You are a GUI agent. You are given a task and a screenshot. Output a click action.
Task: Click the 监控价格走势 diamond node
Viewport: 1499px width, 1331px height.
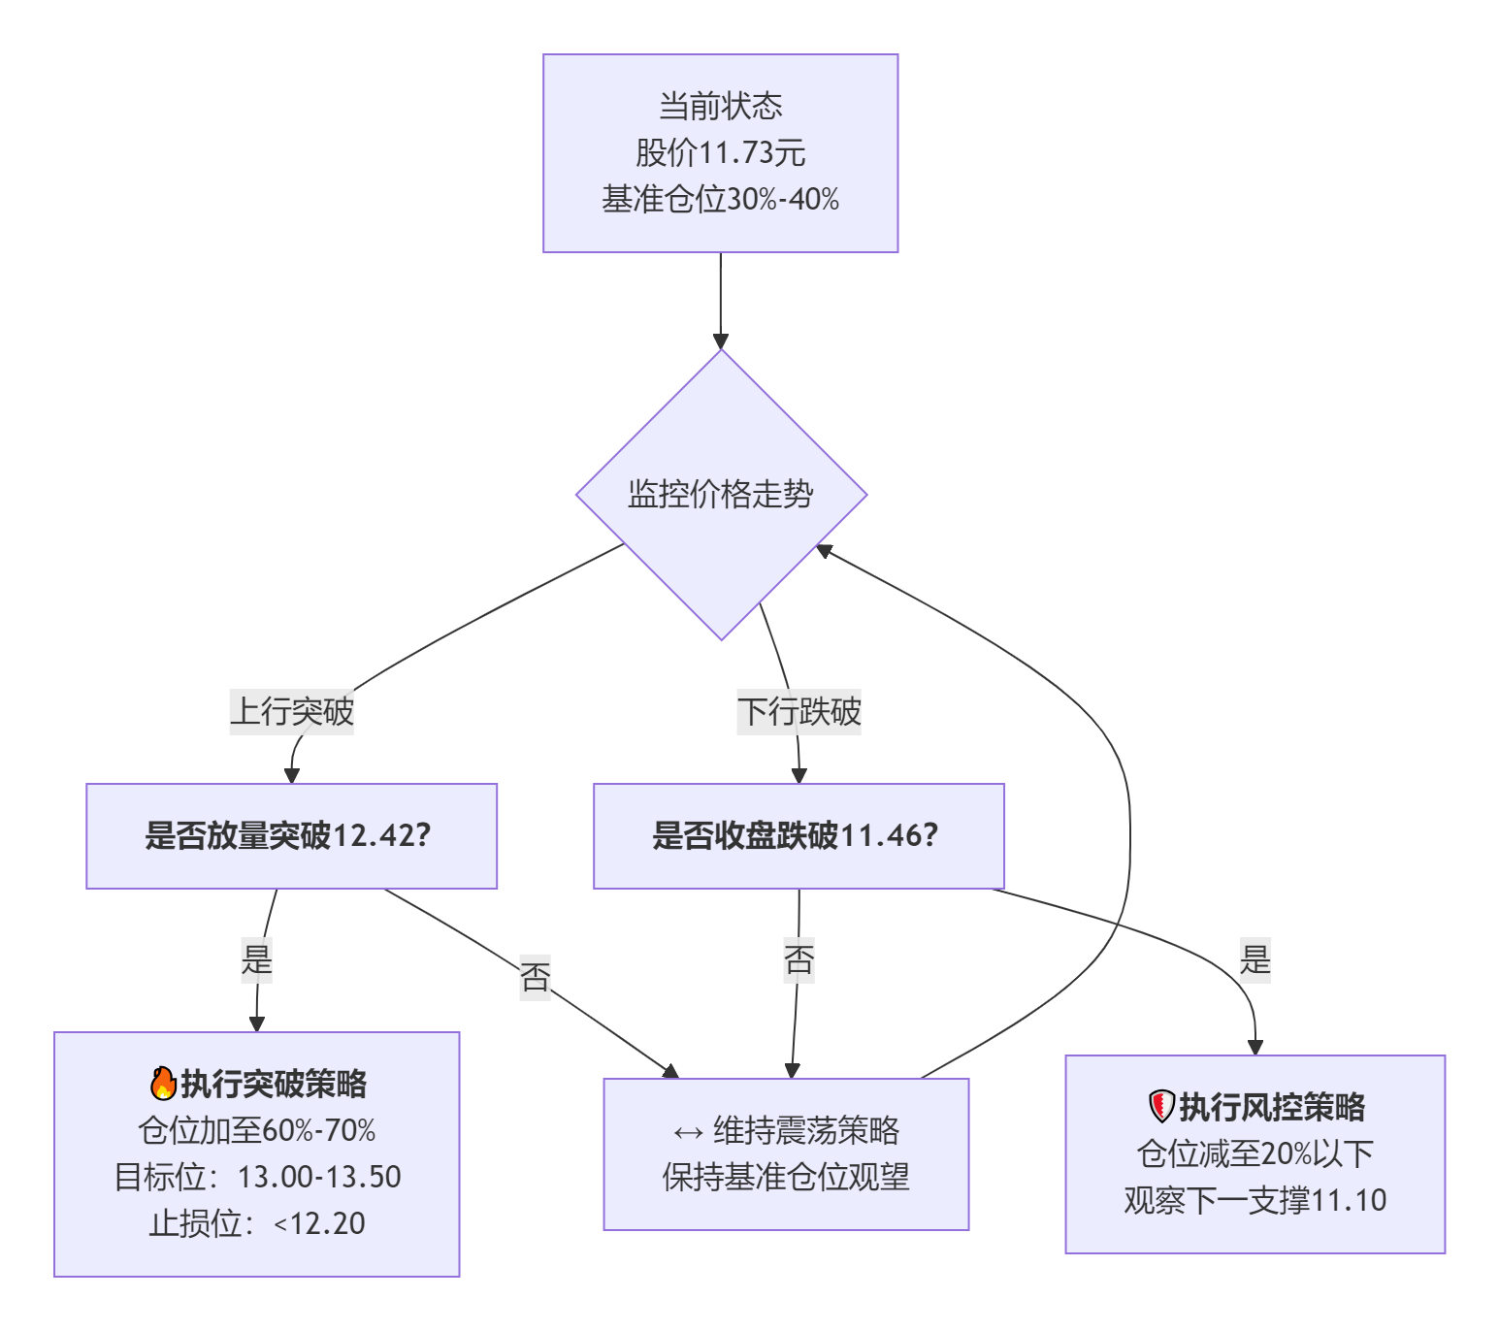[721, 495]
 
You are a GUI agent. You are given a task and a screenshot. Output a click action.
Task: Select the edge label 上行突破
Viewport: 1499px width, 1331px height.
[292, 711]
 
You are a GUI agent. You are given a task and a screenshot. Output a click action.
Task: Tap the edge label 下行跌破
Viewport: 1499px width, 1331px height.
[798, 711]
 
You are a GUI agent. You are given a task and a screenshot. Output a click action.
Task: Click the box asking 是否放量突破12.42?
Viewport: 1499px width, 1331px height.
[291, 835]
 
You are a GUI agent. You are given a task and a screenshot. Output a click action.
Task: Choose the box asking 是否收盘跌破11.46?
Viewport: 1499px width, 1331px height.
[798, 835]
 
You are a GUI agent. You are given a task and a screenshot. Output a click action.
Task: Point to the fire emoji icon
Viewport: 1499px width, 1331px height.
[164, 1084]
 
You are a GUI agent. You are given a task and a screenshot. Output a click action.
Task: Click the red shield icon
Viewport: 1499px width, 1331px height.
[1161, 1106]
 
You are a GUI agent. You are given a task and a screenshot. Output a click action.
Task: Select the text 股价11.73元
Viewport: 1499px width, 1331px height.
[720, 152]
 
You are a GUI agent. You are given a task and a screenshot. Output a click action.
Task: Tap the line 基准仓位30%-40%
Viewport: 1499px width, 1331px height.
[720, 199]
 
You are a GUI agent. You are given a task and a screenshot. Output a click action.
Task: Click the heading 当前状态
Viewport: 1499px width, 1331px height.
[720, 106]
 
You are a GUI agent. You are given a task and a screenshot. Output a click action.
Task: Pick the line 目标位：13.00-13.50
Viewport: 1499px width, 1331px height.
[257, 1177]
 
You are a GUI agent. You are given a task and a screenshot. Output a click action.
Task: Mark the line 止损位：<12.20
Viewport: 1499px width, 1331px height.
[257, 1223]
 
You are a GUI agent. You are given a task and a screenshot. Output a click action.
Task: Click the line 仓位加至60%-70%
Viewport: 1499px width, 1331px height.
[257, 1130]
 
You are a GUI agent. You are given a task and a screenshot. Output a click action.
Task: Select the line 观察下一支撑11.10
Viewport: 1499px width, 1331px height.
[1255, 1200]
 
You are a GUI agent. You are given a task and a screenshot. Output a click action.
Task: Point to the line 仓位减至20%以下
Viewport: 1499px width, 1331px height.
[1255, 1153]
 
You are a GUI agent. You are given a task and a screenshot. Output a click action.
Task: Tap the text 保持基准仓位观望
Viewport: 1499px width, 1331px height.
[786, 1177]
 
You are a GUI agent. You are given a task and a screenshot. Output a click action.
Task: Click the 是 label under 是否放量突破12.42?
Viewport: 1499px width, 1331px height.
[257, 959]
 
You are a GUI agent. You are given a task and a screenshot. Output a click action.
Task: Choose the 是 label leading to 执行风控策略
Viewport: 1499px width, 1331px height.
[1255, 959]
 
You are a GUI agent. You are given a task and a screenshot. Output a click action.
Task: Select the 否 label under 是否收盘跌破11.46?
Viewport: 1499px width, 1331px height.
[798, 959]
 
